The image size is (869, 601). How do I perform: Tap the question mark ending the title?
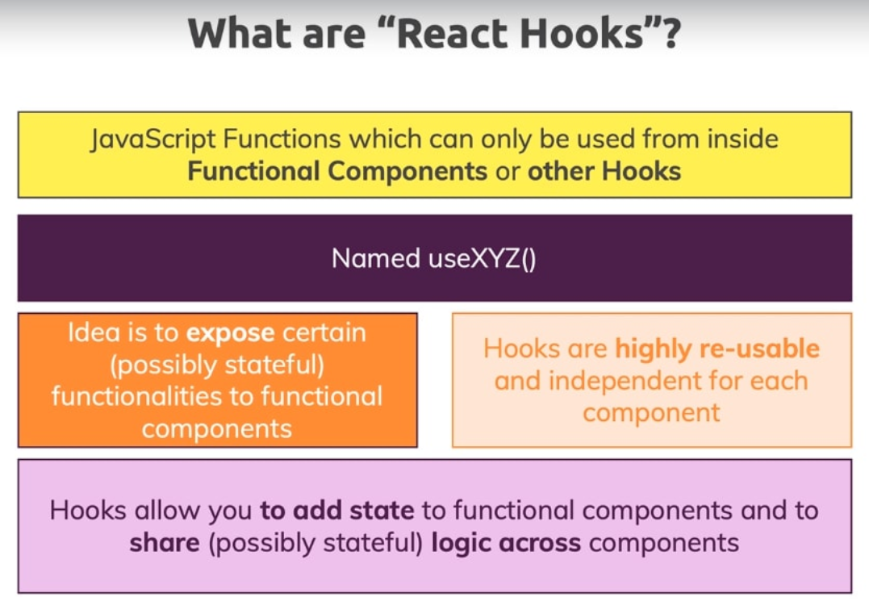click(x=671, y=34)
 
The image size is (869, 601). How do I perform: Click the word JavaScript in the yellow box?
click(x=153, y=139)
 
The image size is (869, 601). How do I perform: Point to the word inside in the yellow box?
click(x=742, y=139)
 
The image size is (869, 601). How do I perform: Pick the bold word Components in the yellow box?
click(x=407, y=172)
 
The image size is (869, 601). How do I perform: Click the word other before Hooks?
click(x=561, y=171)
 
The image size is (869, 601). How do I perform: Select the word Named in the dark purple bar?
click(x=376, y=258)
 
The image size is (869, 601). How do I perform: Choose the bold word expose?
click(x=231, y=334)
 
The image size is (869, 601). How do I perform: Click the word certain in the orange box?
click(x=324, y=333)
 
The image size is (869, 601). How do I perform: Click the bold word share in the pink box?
click(x=165, y=542)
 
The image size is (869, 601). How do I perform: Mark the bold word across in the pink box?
click(x=540, y=544)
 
